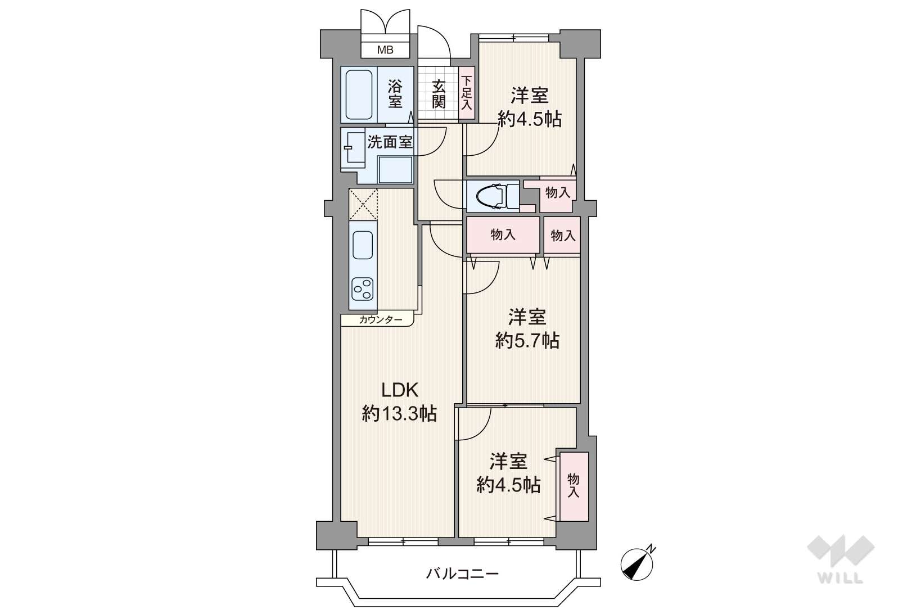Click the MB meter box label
tap(385, 50)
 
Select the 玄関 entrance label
tap(439, 94)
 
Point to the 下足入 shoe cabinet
tap(467, 93)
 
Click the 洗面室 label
tap(390, 142)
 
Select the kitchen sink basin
tap(363, 245)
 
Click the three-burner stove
tap(363, 288)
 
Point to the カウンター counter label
tap(380, 320)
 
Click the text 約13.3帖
tap(399, 413)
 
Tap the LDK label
tap(400, 390)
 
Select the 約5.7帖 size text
tap(527, 341)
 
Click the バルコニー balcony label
tap(462, 574)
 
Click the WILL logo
tap(841, 559)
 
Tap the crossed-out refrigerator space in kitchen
tap(363, 204)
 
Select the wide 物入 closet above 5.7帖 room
tap(503, 235)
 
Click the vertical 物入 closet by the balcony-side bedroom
tap(574, 486)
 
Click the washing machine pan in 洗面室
tap(395, 169)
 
